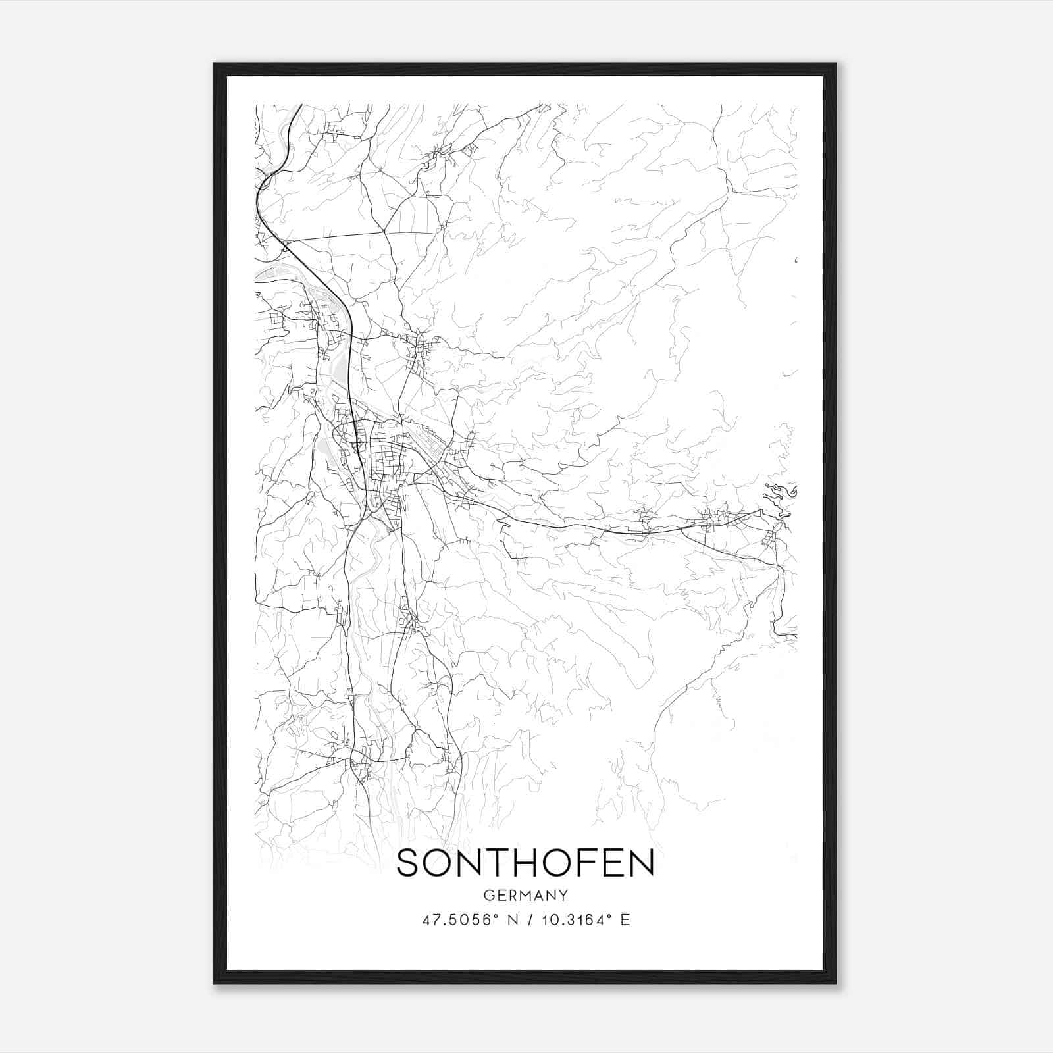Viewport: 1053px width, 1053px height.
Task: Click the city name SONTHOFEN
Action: coord(525,863)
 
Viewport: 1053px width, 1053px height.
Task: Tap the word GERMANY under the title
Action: coord(525,895)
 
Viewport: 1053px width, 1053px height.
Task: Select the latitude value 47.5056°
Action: coord(459,919)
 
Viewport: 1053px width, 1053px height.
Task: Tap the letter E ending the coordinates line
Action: coord(625,919)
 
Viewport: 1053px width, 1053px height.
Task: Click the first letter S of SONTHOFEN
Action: coord(409,863)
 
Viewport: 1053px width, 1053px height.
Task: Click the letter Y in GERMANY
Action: coord(563,895)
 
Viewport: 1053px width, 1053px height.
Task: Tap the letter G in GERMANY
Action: coord(488,895)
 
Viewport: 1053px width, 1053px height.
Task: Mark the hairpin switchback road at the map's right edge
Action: coord(780,494)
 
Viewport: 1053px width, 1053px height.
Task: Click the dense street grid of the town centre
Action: coord(385,454)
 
